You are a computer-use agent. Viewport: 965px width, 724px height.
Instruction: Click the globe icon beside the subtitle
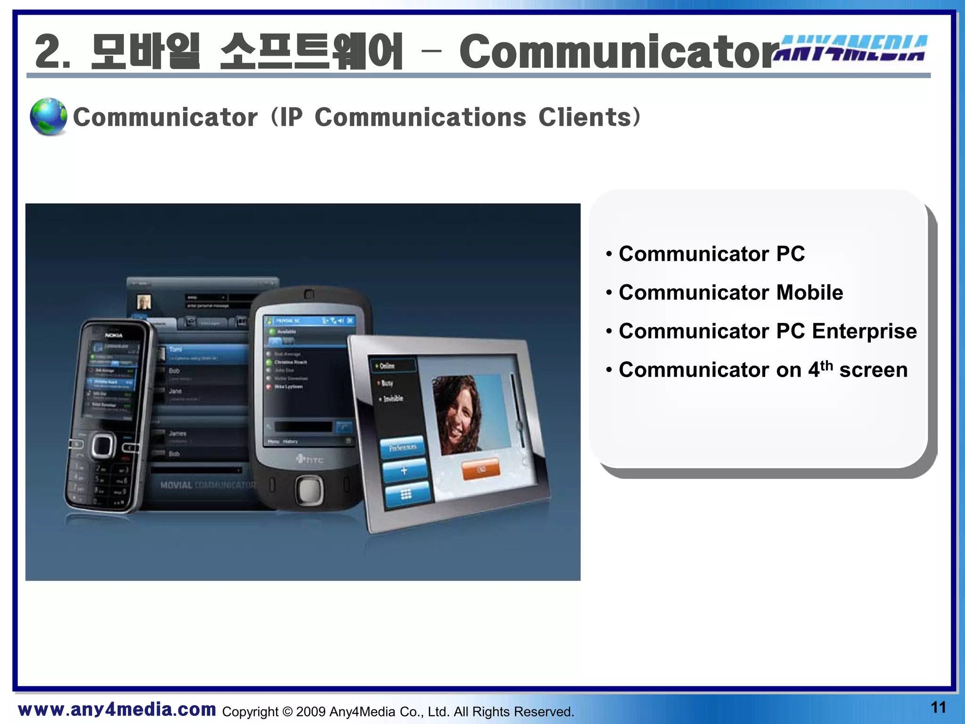[x=48, y=116]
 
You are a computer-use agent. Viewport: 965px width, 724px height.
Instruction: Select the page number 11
[x=938, y=708]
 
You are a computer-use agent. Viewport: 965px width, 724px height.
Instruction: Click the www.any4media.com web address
[x=117, y=709]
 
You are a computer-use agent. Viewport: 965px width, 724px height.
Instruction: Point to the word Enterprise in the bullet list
[x=864, y=331]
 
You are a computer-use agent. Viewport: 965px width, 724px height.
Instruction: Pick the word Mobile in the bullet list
[x=810, y=292]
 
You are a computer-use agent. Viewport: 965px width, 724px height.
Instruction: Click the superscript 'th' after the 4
[x=826, y=365]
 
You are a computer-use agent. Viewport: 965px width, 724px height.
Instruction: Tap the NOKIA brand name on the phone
[x=114, y=335]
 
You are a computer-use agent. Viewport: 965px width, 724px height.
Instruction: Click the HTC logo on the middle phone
[x=310, y=459]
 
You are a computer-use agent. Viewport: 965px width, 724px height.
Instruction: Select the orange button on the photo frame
[x=481, y=469]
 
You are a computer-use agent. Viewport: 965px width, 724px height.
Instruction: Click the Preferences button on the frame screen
[x=402, y=447]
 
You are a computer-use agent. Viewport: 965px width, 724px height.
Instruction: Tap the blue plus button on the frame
[x=404, y=470]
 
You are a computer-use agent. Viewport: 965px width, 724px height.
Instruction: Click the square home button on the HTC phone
[x=309, y=490]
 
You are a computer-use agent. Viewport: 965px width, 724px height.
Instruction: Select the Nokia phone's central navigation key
[x=103, y=445]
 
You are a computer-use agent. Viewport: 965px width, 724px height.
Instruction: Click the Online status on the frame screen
[x=386, y=366]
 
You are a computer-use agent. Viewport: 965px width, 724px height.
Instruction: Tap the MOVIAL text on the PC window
[x=176, y=485]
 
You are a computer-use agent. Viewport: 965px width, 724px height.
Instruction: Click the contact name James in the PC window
[x=178, y=433]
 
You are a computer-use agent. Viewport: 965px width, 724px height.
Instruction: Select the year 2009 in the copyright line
[x=311, y=712]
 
